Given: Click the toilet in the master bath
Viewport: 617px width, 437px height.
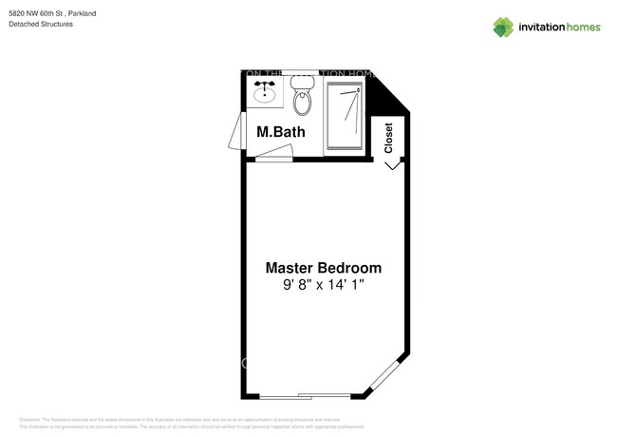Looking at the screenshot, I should [x=302, y=99].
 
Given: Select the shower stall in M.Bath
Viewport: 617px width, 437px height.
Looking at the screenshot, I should [x=344, y=116].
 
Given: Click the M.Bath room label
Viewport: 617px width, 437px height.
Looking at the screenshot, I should [x=281, y=132].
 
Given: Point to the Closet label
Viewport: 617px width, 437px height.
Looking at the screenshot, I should [x=388, y=138].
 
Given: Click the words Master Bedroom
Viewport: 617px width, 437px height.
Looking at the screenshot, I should [x=323, y=268].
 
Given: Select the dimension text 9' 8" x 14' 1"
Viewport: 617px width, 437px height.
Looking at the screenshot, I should [x=324, y=285].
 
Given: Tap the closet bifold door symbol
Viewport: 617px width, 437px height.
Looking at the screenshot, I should [x=391, y=165].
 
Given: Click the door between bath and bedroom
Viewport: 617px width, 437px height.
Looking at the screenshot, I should [x=274, y=160].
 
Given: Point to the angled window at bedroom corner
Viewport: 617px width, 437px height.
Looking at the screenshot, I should [x=386, y=376].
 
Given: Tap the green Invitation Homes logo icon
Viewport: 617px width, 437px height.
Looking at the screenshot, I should [x=503, y=28].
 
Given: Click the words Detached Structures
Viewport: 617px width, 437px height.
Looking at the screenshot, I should [x=41, y=25].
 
